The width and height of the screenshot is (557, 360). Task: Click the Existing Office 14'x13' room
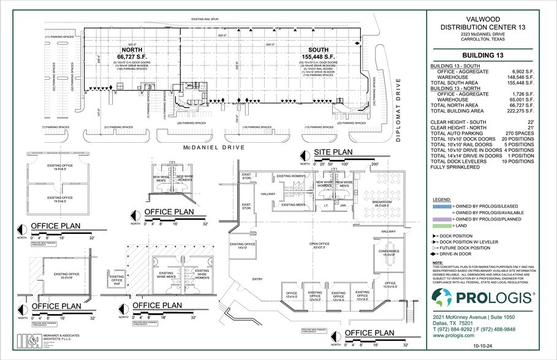pyautogui.click(x=242, y=246)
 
